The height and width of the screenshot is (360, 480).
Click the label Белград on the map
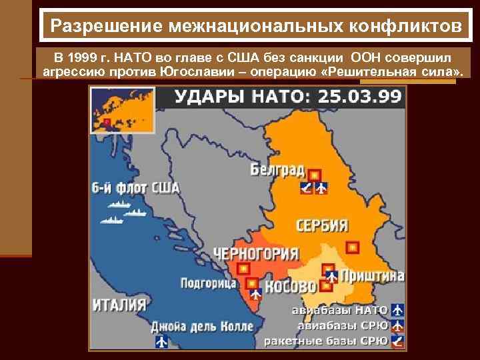277,169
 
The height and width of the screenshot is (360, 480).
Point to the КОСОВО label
290,287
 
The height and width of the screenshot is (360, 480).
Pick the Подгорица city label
208,283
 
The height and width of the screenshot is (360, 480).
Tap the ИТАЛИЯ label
119,305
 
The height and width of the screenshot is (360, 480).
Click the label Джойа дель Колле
201,327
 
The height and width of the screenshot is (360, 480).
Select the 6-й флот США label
135,187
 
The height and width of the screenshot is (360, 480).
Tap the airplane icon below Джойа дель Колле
161,341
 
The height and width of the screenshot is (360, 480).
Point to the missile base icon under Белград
306,187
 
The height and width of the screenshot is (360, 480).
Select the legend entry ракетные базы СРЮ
326,341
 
